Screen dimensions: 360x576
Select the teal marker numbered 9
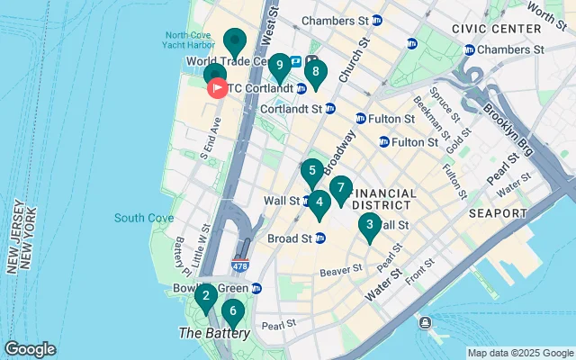(x=279, y=66)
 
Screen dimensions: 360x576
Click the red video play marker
(x=218, y=88)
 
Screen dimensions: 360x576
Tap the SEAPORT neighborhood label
(x=497, y=213)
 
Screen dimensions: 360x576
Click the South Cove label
(x=138, y=218)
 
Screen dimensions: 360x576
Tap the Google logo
(x=31, y=348)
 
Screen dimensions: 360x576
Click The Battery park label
(x=214, y=333)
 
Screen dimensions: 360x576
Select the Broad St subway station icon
(x=319, y=238)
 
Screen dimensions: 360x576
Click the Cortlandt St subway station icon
(x=329, y=109)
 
